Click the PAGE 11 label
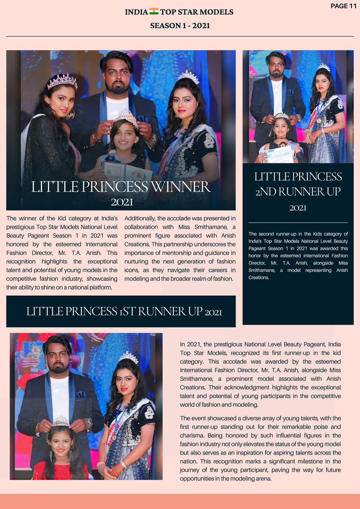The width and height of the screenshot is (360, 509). [343, 6]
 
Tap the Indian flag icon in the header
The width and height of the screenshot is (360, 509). [154, 12]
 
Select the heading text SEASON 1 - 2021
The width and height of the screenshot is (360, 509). [180, 26]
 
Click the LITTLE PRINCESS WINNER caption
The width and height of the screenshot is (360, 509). [121, 187]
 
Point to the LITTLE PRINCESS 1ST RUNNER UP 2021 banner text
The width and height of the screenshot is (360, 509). [124, 311]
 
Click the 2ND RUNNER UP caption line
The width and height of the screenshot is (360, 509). [298, 192]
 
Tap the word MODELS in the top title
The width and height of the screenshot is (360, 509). [217, 12]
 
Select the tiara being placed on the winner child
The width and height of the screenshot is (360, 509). [127, 118]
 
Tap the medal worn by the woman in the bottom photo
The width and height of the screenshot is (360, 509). [114, 437]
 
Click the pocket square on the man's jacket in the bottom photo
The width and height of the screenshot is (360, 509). [81, 394]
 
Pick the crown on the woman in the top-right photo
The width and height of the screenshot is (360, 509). [324, 68]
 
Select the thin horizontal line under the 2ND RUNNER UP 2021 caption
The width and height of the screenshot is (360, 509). [298, 222]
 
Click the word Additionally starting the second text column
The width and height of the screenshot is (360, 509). [139, 219]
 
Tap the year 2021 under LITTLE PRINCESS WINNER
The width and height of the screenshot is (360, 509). [122, 202]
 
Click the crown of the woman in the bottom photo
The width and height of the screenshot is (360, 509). [129, 358]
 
